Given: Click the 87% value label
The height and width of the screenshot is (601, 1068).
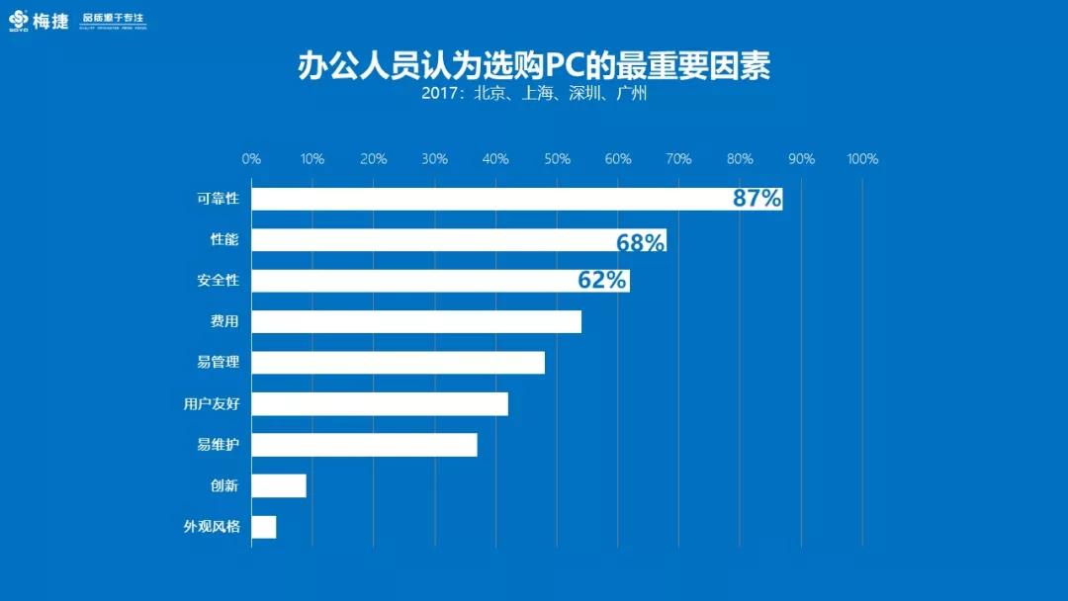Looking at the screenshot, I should pyautogui.click(x=756, y=199).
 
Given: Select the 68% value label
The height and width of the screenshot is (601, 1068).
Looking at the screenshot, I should pyautogui.click(x=640, y=241).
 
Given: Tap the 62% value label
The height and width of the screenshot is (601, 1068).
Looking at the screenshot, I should pyautogui.click(x=602, y=281).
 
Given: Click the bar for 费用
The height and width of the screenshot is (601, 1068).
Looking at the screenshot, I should pyautogui.click(x=416, y=321).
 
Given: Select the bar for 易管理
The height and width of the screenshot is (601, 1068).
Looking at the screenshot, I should pyautogui.click(x=398, y=363).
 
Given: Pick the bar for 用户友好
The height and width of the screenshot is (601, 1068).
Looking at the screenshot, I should pyautogui.click(x=380, y=403).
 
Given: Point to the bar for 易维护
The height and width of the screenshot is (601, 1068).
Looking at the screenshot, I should pyautogui.click(x=364, y=445).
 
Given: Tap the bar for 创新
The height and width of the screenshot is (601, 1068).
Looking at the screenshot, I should pyautogui.click(x=279, y=485).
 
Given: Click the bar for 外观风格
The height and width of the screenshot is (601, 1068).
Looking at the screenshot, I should pyautogui.click(x=264, y=527).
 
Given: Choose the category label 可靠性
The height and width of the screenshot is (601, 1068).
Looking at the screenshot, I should pyautogui.click(x=218, y=199).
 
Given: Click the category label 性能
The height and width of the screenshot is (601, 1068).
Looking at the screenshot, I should pyautogui.click(x=224, y=240).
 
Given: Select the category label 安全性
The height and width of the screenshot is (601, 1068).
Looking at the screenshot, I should pyautogui.click(x=218, y=281).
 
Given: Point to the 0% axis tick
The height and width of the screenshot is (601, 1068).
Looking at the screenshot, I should pyautogui.click(x=251, y=159).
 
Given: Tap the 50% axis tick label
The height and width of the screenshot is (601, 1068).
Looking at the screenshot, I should pyautogui.click(x=557, y=159).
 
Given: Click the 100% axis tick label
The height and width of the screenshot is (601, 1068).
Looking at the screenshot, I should pyautogui.click(x=862, y=159).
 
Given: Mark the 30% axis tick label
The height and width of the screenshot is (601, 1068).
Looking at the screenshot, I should pyautogui.click(x=434, y=159).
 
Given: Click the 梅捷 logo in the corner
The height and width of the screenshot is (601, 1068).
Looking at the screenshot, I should pyautogui.click(x=40, y=20).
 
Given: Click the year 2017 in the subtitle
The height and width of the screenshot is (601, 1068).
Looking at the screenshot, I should pyautogui.click(x=441, y=95).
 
